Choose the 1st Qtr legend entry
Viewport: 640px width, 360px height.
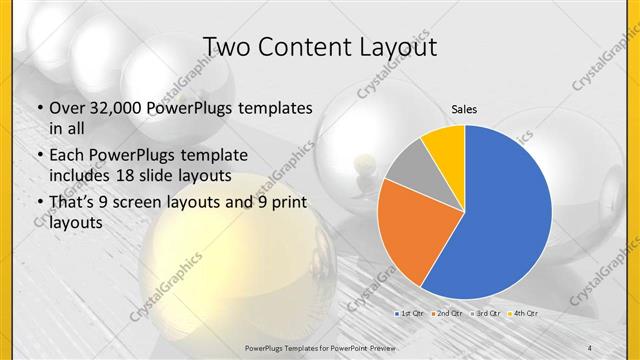pyautogui.click(x=410, y=313)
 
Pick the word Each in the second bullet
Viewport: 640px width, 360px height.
pyautogui.click(x=67, y=155)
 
